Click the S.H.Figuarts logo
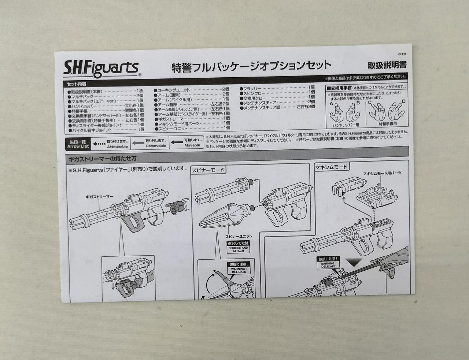tap(101, 68)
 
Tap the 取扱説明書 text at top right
tap(387, 66)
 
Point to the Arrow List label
tap(78, 144)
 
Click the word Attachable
tap(117, 146)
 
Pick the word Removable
tap(156, 146)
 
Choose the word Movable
tap(192, 145)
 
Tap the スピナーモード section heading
tap(208, 170)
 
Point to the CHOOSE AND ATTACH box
tap(238, 249)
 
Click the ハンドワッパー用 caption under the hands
tap(344, 124)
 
